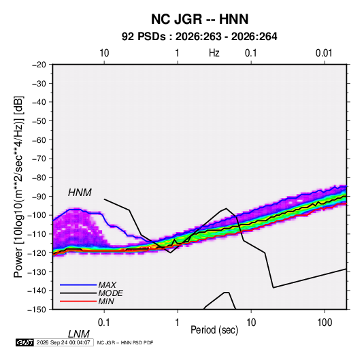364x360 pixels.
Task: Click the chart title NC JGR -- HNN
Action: pos(199,19)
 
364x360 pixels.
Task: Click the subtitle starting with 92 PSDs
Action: pos(199,37)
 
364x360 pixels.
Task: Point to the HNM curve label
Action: pos(80,193)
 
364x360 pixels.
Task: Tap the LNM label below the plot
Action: pos(79,334)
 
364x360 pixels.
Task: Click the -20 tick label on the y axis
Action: pos(39,65)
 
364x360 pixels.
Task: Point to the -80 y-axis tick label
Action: pos(39,178)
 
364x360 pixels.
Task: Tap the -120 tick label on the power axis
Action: pos(37,252)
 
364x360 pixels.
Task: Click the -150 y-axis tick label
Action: pos(37,310)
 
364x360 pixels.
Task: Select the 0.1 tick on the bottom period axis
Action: pos(104,322)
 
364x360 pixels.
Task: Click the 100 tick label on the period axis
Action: pos(325,322)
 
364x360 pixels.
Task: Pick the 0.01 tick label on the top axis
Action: pos(324,53)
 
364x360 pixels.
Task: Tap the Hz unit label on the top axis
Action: pos(214,53)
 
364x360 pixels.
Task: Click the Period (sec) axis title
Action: pos(214,330)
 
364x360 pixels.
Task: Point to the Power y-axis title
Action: pos(18,187)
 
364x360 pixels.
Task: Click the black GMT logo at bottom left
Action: pos(25,342)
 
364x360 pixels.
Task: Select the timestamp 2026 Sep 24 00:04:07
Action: pos(63,342)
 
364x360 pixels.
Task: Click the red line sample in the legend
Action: pos(78,301)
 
